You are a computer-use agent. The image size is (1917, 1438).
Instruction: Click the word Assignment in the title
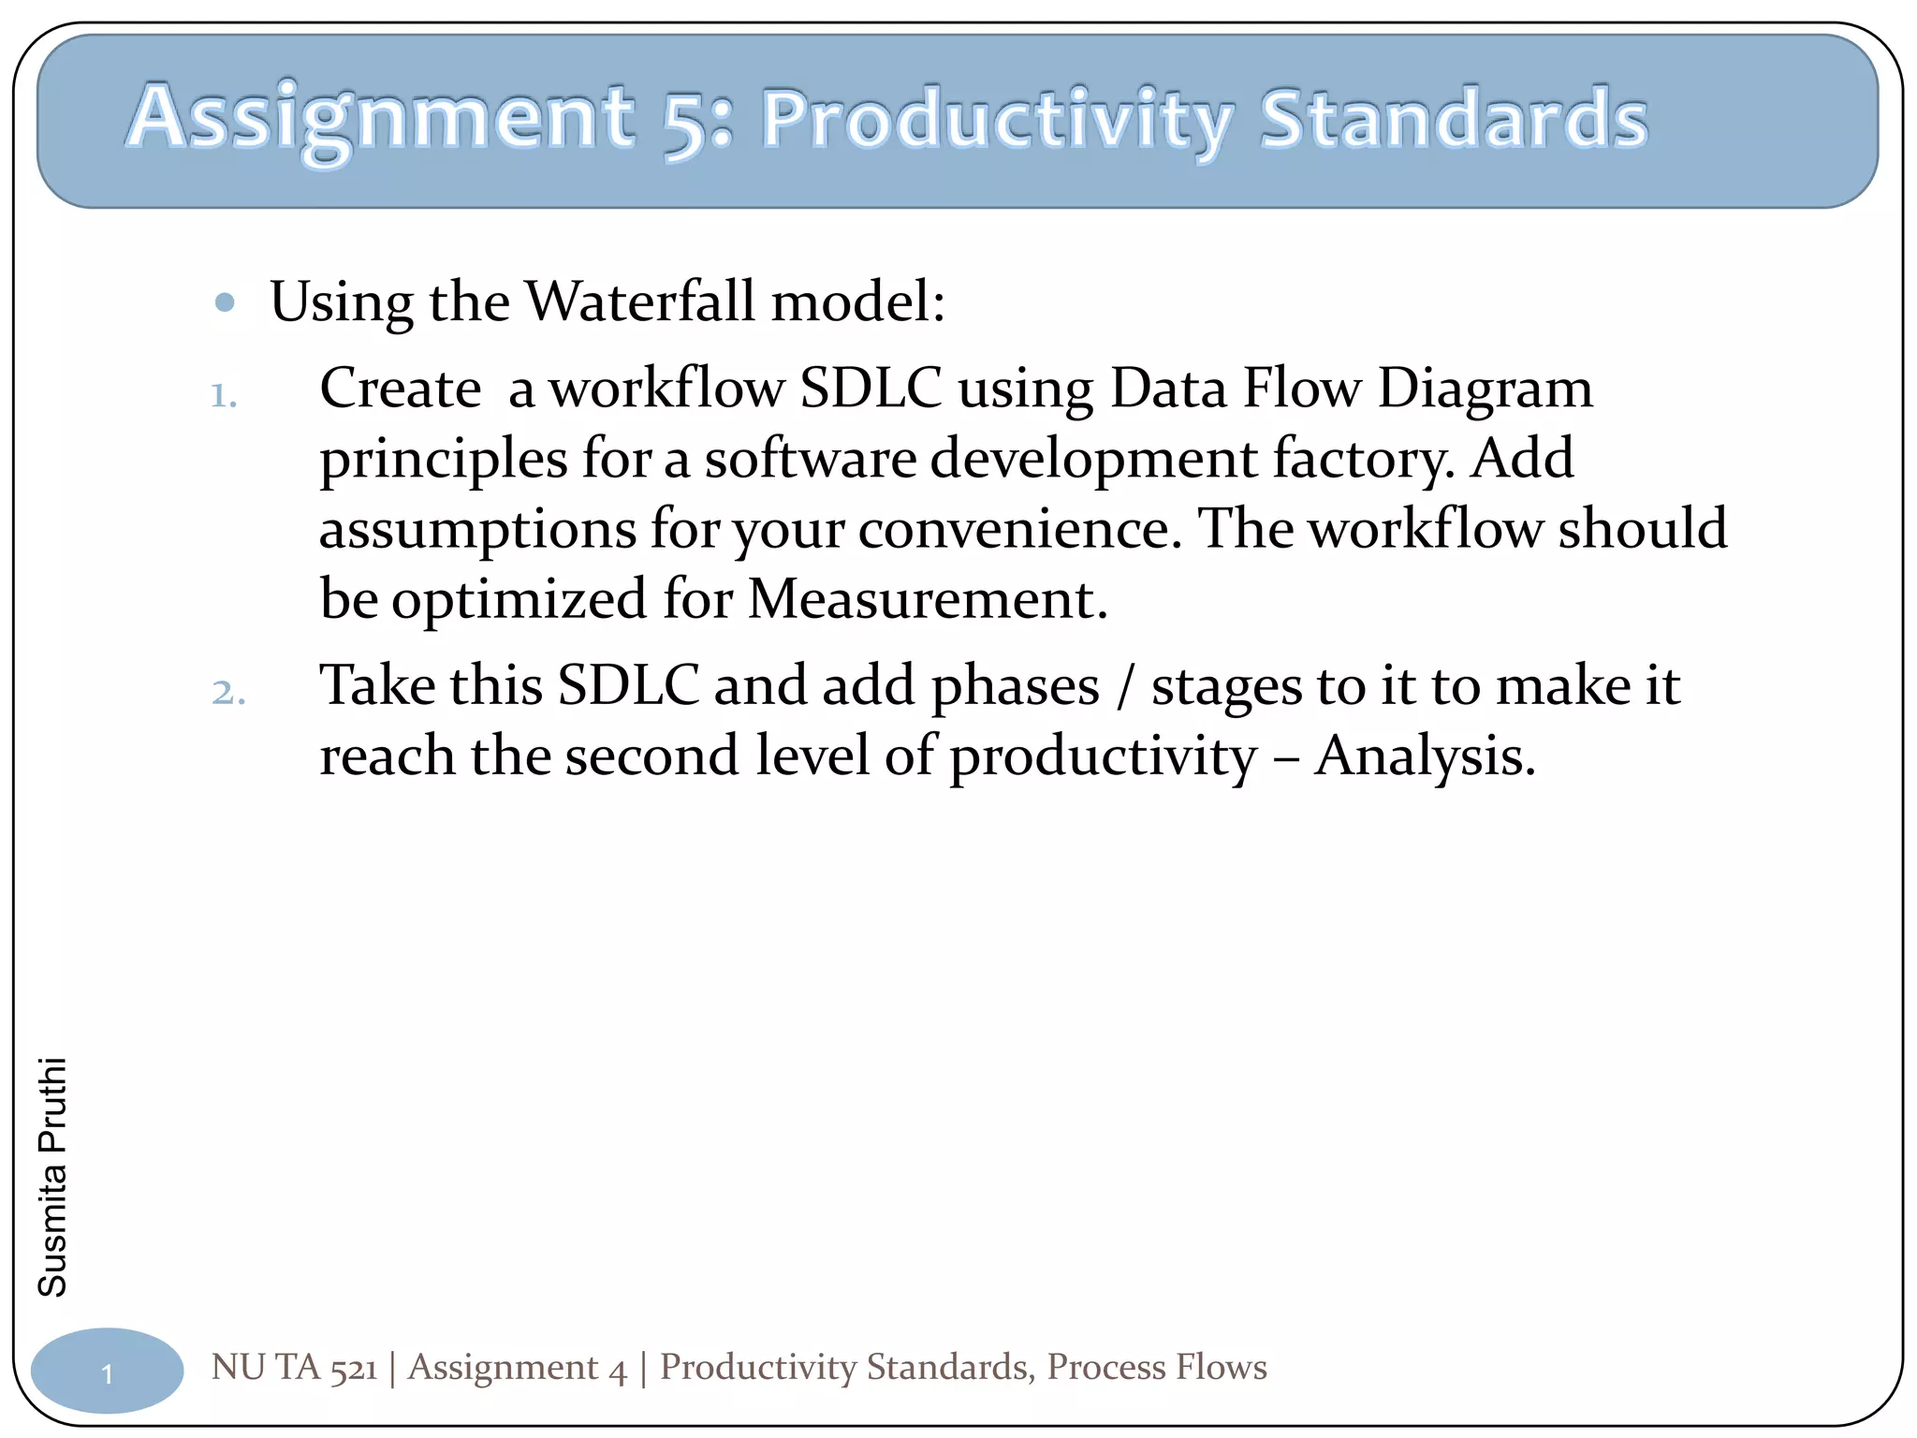pyautogui.click(x=379, y=120)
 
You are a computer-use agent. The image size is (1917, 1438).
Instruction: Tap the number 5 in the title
pyautogui.click(x=686, y=122)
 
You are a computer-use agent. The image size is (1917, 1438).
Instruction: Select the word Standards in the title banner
pyautogui.click(x=1453, y=120)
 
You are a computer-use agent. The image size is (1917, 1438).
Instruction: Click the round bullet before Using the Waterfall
pyautogui.click(x=224, y=302)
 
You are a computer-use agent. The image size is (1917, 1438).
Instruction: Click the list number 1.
pyautogui.click(x=223, y=396)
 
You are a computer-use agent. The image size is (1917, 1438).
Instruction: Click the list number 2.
pyautogui.click(x=227, y=693)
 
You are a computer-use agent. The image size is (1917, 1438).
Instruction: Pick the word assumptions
pyautogui.click(x=477, y=530)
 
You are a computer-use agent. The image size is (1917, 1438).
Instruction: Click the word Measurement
pyautogui.click(x=927, y=599)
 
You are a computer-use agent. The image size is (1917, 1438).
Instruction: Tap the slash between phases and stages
pyautogui.click(x=1125, y=687)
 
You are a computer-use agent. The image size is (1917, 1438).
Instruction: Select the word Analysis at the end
pyautogui.click(x=1425, y=756)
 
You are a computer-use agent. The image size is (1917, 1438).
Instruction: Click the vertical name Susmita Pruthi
pyautogui.click(x=52, y=1177)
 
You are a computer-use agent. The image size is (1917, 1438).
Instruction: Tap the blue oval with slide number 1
pyautogui.click(x=107, y=1372)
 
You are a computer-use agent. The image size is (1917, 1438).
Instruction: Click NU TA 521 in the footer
pyautogui.click(x=294, y=1367)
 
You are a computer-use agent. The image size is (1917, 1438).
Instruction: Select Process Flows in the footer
pyautogui.click(x=1156, y=1367)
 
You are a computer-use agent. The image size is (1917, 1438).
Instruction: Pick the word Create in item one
pyautogui.click(x=400, y=389)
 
